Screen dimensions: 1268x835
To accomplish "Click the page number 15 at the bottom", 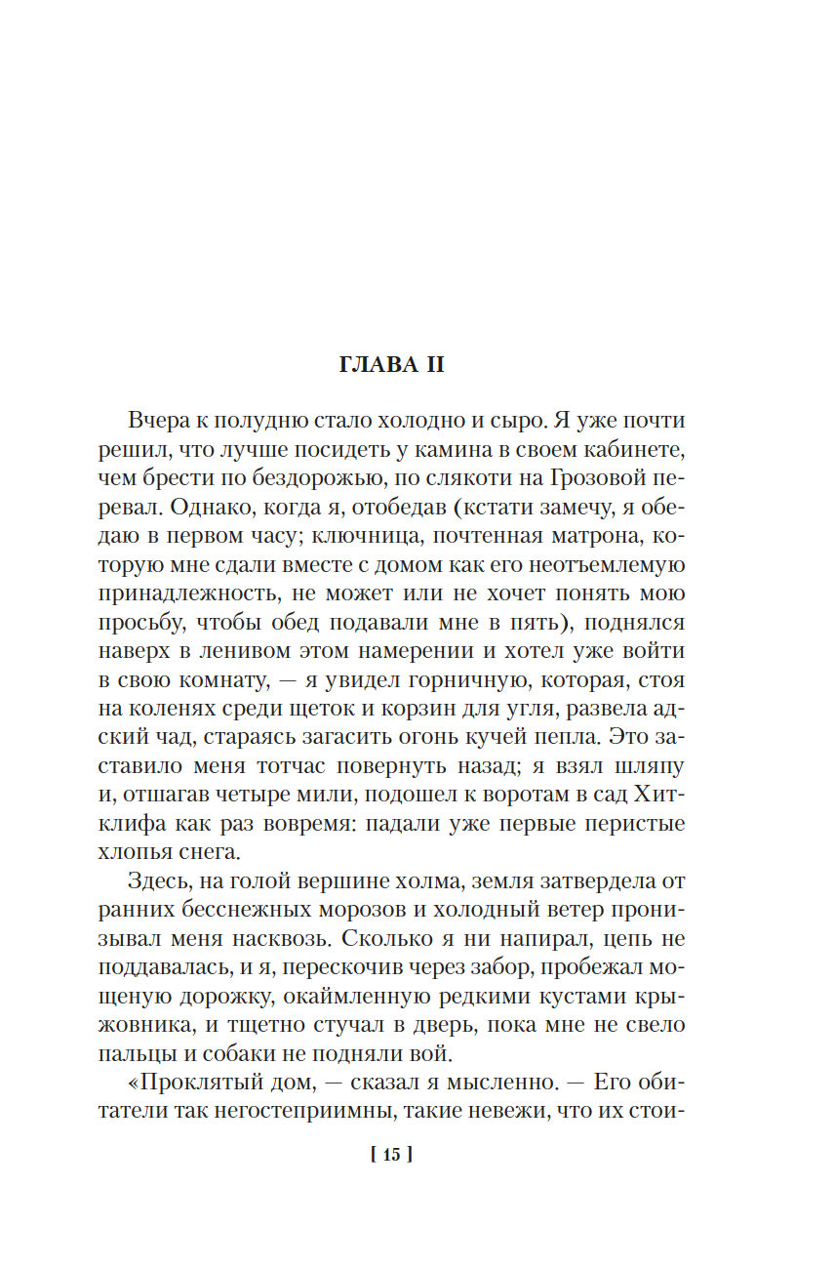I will [x=392, y=1156].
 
